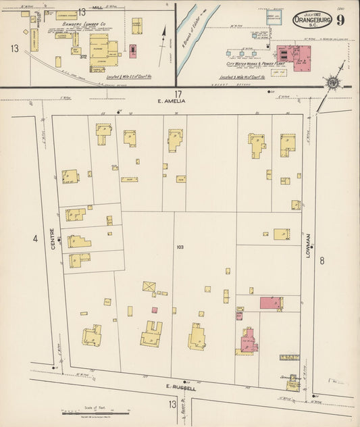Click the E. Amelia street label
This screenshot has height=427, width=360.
(171, 102)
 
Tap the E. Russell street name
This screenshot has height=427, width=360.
(181, 388)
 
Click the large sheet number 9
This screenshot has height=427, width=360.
(340, 19)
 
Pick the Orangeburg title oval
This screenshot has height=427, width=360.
(311, 20)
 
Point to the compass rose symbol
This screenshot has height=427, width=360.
(332, 83)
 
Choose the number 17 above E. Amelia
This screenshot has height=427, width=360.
(178, 94)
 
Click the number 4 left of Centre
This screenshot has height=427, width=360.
(35, 238)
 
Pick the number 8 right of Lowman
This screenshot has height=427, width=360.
(322, 260)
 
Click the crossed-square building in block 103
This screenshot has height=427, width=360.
(149, 286)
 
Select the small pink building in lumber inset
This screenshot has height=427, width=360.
(132, 51)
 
